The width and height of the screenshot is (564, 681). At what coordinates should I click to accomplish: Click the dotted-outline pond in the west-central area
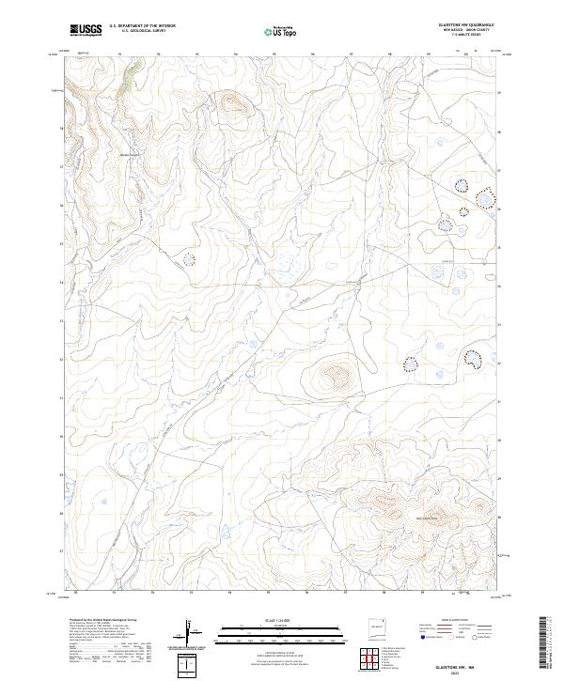pos(189,258)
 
